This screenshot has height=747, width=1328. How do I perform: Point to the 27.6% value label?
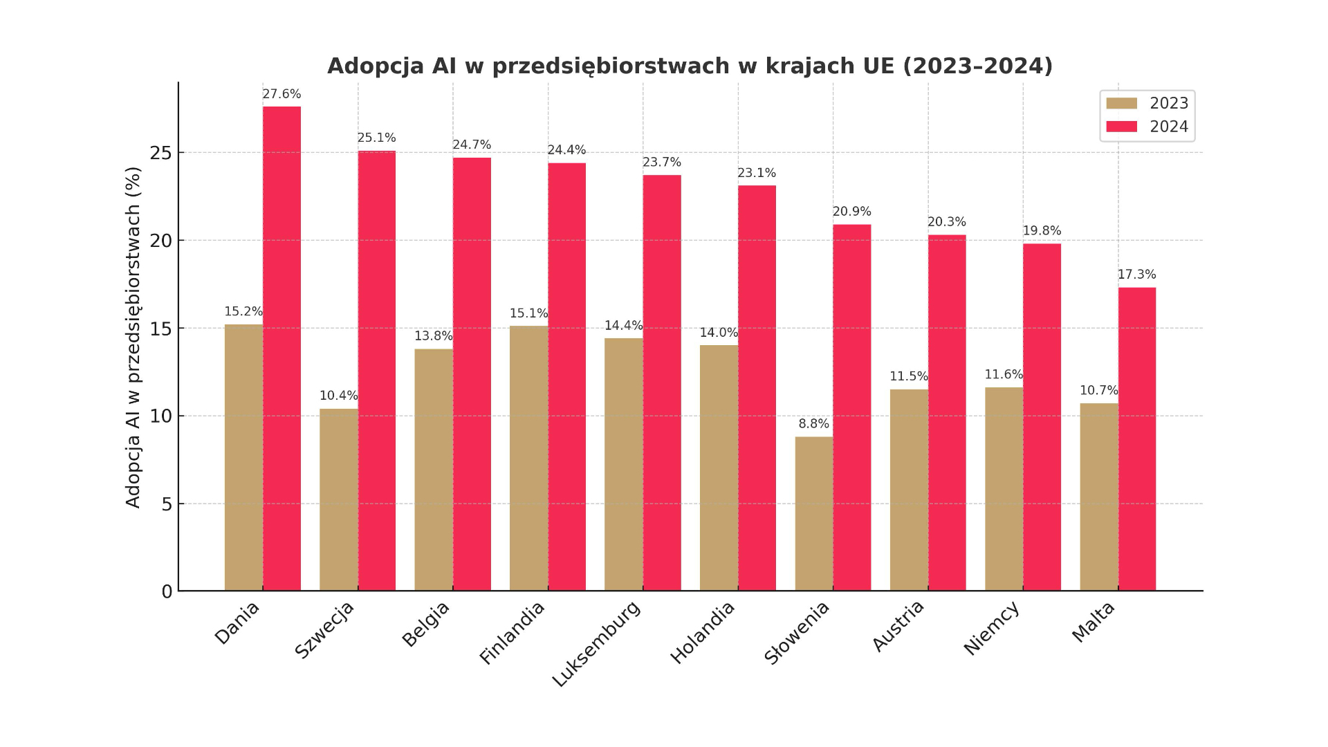282,94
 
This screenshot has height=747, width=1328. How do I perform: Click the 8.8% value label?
813,424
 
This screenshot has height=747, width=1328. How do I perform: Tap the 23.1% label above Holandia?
757,173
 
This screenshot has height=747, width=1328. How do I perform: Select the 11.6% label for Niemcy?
1004,374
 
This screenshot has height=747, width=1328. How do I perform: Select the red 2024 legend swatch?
1121,127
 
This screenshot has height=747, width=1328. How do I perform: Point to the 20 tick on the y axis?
160,241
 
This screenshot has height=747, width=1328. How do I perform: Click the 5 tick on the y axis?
166,504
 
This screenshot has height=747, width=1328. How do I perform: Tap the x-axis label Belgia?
425,624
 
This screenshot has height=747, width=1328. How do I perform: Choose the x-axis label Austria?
898,625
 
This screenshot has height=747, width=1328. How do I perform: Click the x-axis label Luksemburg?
596,644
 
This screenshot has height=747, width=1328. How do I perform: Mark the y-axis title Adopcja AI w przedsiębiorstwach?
133,337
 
